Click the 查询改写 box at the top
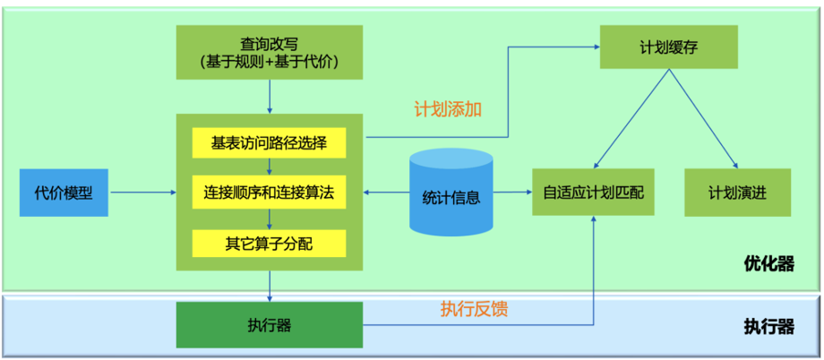269,52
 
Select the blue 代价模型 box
64,193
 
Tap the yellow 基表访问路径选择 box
269,143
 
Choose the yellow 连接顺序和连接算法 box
269,193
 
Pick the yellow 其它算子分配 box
269,242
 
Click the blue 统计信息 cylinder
451,193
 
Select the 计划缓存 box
668,47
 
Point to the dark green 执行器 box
269,324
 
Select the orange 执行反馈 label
474,309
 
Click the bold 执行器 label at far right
768,327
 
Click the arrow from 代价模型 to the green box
142,193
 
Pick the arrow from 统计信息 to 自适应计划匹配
512,193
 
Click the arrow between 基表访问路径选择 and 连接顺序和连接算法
269,167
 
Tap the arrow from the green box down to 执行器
269,287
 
